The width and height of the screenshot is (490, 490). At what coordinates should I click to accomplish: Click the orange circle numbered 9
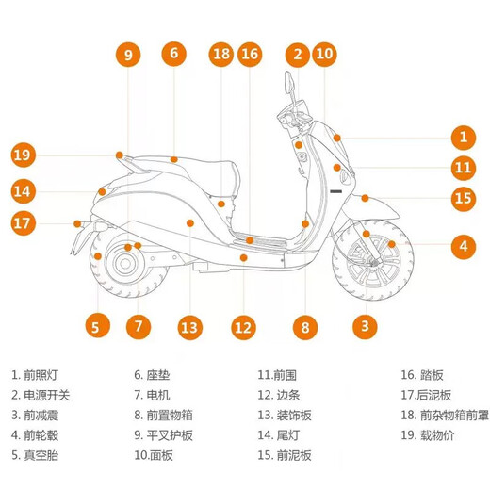point(128,55)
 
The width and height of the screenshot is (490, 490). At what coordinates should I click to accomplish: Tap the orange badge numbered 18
point(221,54)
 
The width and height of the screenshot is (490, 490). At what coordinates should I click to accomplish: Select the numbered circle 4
point(464,247)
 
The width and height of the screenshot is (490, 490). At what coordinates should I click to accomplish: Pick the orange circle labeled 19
point(23,155)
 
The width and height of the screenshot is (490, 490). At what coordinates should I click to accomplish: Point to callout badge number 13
point(189,327)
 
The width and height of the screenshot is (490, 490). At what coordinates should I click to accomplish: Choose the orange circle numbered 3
point(365,326)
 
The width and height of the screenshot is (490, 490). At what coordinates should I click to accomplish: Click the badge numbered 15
point(464,199)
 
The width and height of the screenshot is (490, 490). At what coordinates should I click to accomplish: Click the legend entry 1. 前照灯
point(35,375)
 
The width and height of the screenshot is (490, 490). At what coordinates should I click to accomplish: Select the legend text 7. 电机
point(152,395)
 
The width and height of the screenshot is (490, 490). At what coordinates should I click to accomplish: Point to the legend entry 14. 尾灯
point(279,435)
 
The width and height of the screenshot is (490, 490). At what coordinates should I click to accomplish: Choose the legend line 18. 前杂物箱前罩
point(445,416)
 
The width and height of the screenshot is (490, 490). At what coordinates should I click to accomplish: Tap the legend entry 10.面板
point(154,455)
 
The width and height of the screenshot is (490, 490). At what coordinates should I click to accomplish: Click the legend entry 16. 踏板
point(422,375)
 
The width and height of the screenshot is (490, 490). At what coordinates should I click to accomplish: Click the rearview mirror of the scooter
point(288,82)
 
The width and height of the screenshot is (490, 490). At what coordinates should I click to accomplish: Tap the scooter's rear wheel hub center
point(125,264)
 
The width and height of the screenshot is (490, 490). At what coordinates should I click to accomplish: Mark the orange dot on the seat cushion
point(173,159)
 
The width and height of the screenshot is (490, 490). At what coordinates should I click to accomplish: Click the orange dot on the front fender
point(365,198)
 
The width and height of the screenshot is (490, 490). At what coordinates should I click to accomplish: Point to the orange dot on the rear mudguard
point(77,223)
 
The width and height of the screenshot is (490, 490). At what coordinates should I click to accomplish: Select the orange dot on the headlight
point(337,138)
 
